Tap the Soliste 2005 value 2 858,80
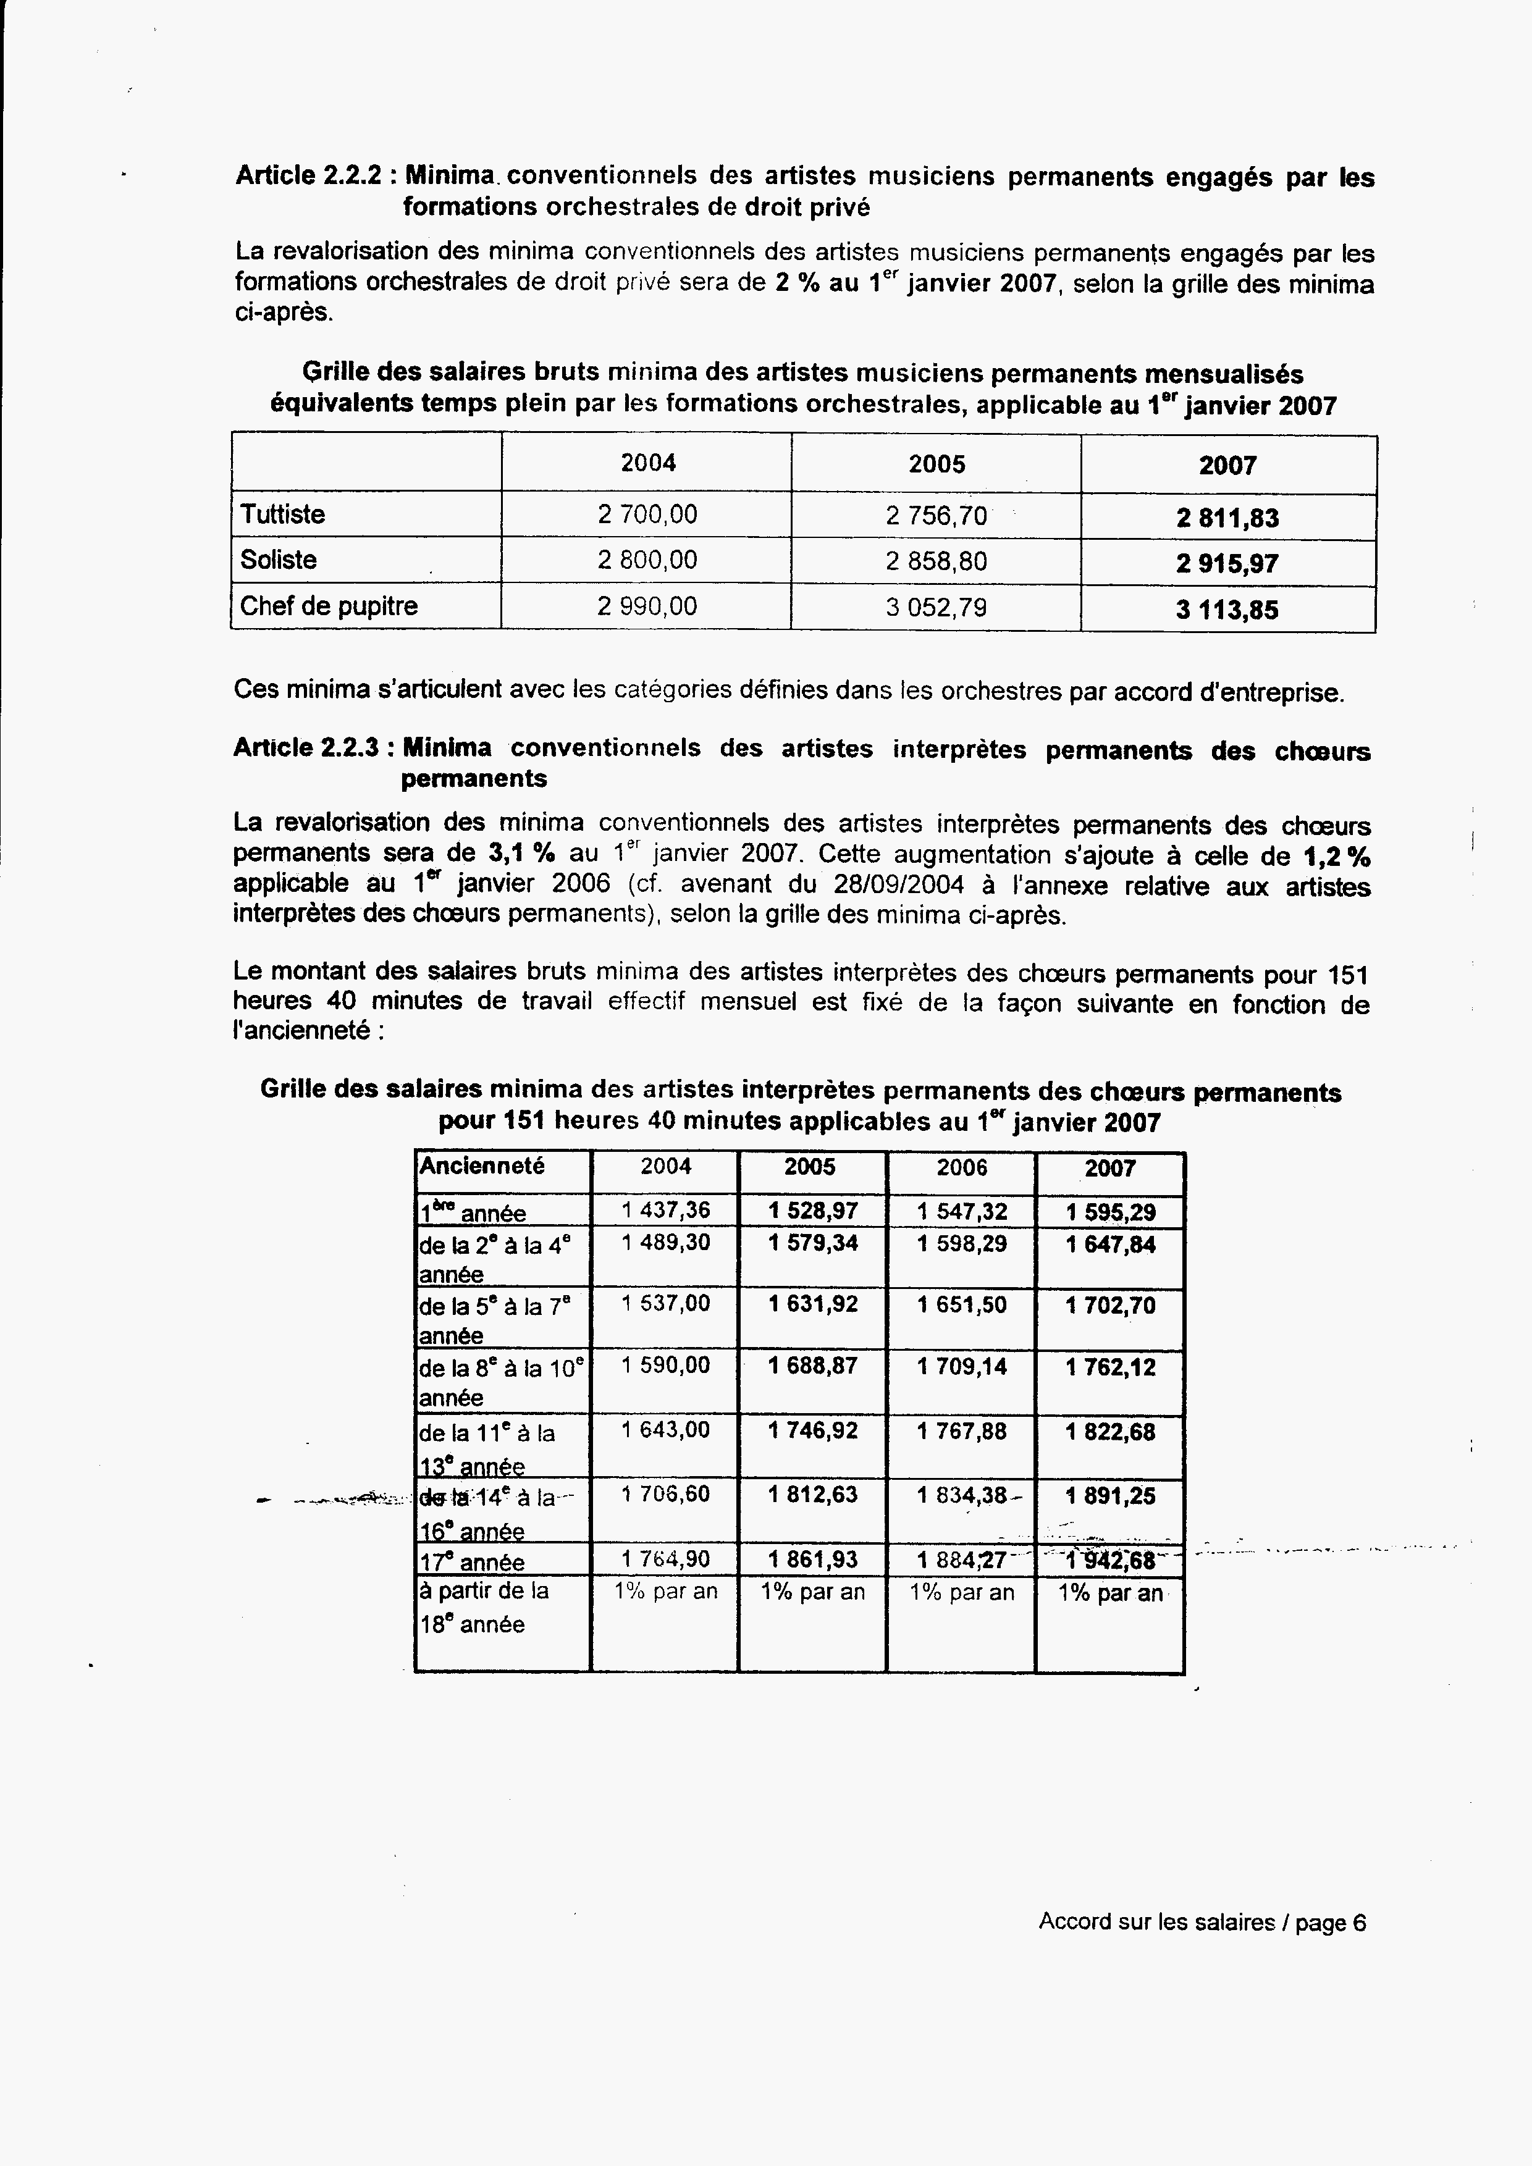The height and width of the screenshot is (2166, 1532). (x=936, y=561)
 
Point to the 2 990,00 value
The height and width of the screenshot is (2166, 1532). (x=647, y=606)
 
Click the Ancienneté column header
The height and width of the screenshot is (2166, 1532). (x=482, y=1166)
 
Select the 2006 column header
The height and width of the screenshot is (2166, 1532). (x=961, y=1168)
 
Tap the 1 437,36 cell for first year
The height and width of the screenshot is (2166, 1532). (x=666, y=1211)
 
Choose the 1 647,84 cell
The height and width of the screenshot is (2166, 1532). (x=1110, y=1245)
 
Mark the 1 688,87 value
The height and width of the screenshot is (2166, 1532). (x=812, y=1366)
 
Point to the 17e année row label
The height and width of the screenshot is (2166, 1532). (x=472, y=1562)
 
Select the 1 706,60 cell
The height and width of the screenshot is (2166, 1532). (x=666, y=1494)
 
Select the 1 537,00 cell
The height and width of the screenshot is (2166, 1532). (x=666, y=1304)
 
